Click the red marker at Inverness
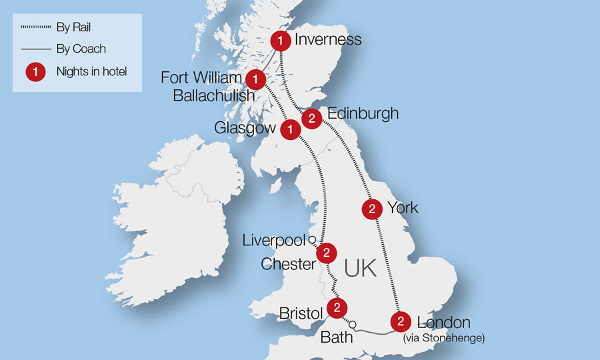281,41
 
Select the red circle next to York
371,209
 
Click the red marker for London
400,321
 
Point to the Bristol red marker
337,308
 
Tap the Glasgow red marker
290,129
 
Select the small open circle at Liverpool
311,239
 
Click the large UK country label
361,268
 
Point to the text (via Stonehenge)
444,338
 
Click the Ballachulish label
213,95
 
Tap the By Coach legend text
81,49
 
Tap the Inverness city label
328,39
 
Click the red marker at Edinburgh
312,119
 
